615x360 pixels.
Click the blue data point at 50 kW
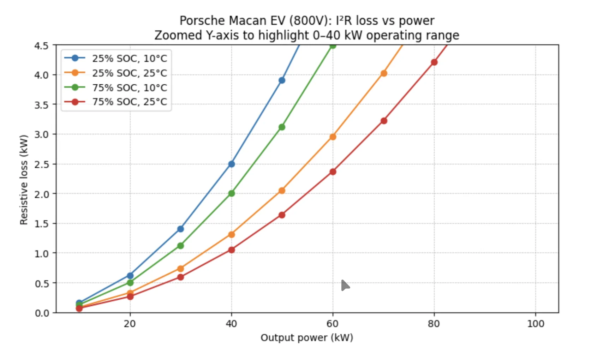pyautogui.click(x=282, y=80)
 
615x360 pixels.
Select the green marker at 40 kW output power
pyautogui.click(x=231, y=193)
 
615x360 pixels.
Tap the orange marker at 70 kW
pyautogui.click(x=384, y=73)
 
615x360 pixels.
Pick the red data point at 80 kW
pyautogui.click(x=434, y=62)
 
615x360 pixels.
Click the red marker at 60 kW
pyautogui.click(x=333, y=172)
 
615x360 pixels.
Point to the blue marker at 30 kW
pyautogui.click(x=180, y=229)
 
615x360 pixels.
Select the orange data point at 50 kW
pyautogui.click(x=282, y=191)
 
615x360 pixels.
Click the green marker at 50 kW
pyautogui.click(x=282, y=127)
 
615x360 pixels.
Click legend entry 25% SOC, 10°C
pyautogui.click(x=129, y=59)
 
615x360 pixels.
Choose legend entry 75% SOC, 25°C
pyautogui.click(x=129, y=102)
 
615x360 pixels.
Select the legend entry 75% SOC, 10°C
pyautogui.click(x=129, y=88)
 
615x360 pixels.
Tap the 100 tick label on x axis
pyautogui.click(x=535, y=324)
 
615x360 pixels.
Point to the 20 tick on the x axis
pyautogui.click(x=130, y=324)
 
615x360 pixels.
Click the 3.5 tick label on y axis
pyautogui.click(x=41, y=105)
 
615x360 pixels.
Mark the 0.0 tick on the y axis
pyautogui.click(x=41, y=313)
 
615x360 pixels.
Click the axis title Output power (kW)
pyautogui.click(x=306, y=338)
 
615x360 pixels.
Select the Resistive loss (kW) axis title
pyautogui.click(x=24, y=180)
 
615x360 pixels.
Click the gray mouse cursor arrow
pyautogui.click(x=345, y=285)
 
